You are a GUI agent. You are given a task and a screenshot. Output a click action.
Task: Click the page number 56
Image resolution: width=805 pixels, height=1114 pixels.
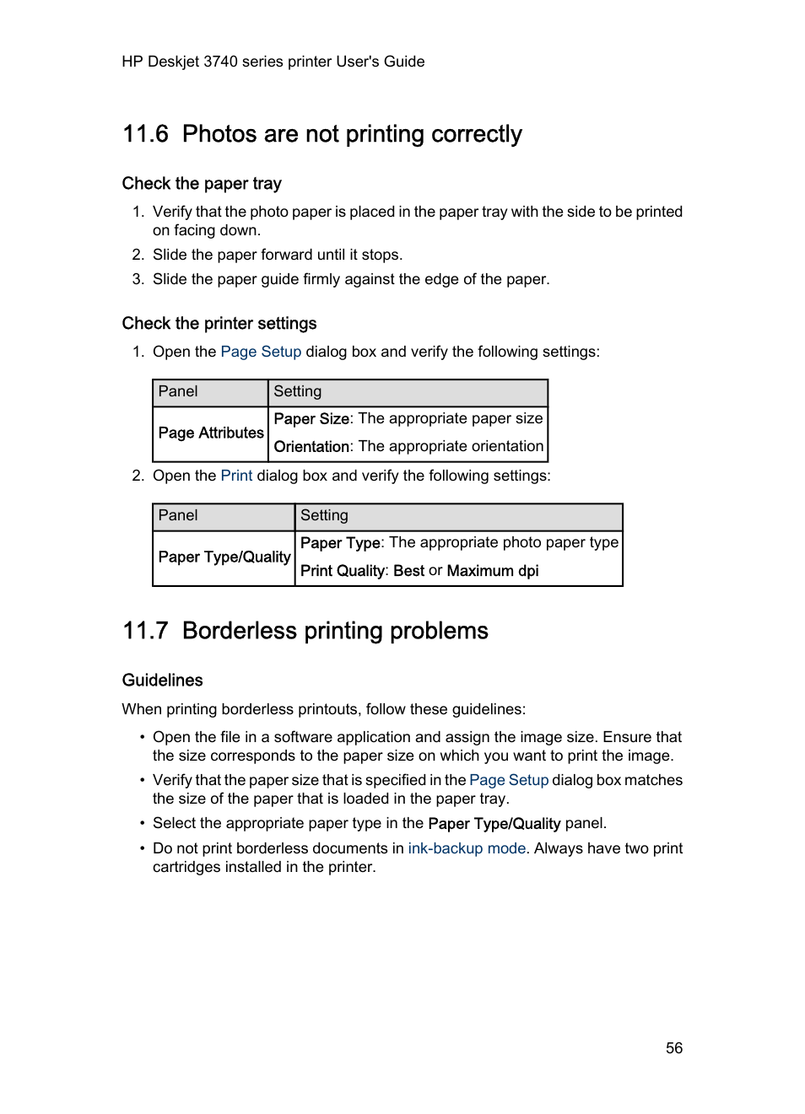pyautogui.click(x=673, y=1048)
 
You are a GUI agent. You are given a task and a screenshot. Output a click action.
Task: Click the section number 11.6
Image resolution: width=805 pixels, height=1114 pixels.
pyautogui.click(x=145, y=134)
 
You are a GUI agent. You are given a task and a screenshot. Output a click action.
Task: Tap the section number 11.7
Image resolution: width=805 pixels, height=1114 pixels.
pyautogui.click(x=145, y=631)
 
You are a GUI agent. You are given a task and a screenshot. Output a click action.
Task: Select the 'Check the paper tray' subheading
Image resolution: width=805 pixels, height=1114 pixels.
pyautogui.click(x=202, y=184)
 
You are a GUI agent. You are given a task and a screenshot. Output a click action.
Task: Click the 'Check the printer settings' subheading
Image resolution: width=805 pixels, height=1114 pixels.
pyautogui.click(x=219, y=324)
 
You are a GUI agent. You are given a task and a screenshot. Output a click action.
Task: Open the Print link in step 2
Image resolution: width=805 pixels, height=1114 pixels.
pyautogui.click(x=236, y=476)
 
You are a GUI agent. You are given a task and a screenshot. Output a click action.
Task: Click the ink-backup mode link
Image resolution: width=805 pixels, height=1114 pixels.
pyautogui.click(x=467, y=848)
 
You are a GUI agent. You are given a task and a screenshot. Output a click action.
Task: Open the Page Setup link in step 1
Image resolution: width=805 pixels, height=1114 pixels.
pyautogui.click(x=261, y=352)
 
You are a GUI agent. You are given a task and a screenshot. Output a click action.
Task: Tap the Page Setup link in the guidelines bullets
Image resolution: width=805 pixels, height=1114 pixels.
pyautogui.click(x=509, y=780)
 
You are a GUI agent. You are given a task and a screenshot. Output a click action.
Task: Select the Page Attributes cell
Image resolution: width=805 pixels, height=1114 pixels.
pyautogui.click(x=211, y=433)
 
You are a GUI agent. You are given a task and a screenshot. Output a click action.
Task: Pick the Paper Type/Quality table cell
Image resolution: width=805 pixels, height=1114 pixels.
pyautogui.click(x=224, y=557)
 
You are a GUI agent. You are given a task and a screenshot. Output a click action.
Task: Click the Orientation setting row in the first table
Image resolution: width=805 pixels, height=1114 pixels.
pyautogui.click(x=408, y=447)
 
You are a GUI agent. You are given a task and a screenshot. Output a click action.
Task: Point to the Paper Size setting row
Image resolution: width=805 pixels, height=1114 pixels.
pyautogui.click(x=408, y=419)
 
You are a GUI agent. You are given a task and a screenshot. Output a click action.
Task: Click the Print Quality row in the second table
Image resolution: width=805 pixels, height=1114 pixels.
pyautogui.click(x=419, y=571)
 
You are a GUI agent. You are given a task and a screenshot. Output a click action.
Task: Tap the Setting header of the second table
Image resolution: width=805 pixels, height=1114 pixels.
pyautogui.click(x=325, y=515)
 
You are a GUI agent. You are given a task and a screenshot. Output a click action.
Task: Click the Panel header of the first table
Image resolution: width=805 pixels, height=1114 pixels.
pyautogui.click(x=178, y=391)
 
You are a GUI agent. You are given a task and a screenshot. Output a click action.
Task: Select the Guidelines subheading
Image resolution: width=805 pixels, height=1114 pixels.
pyautogui.click(x=163, y=681)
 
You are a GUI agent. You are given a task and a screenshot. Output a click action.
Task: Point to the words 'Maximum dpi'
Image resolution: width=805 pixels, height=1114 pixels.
pyautogui.click(x=493, y=571)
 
